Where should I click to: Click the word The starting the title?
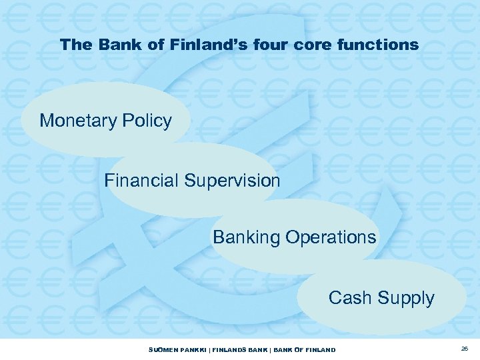coord(73,45)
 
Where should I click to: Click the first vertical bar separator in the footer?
coord(206,350)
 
